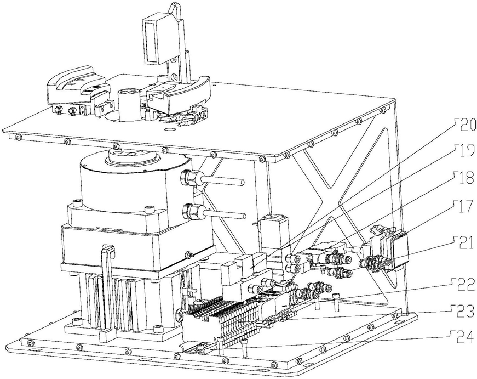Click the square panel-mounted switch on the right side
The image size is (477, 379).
click(401, 248)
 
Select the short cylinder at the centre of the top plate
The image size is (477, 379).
click(127, 104)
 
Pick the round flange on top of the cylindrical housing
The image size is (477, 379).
click(130, 155)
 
